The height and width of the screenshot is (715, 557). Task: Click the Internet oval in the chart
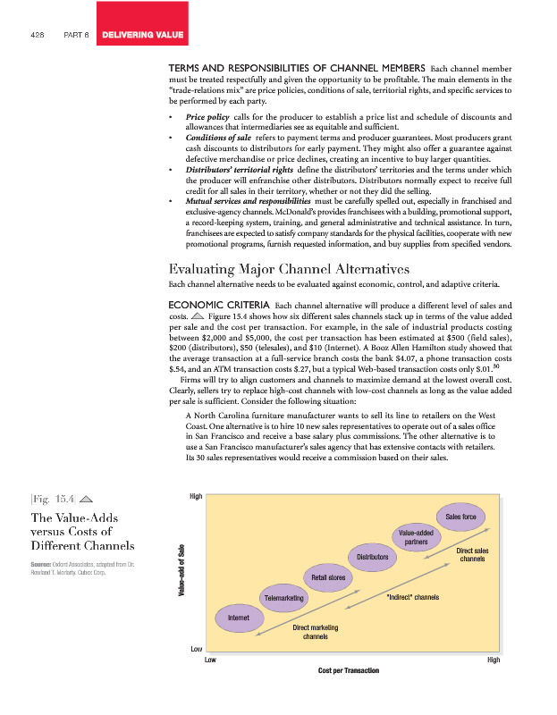click(x=239, y=618)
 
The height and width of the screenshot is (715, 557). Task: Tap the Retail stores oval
click(x=328, y=577)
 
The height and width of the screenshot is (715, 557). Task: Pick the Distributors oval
click(x=372, y=557)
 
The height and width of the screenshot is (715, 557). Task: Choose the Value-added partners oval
click(x=415, y=537)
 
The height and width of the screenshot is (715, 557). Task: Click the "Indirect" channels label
click(x=411, y=596)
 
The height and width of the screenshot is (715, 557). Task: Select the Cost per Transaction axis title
click(x=349, y=670)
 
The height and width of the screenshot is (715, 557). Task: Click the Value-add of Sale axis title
click(x=181, y=578)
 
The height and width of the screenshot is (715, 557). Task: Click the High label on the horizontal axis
click(x=494, y=660)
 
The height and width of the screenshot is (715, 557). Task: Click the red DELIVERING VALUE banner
click(x=143, y=35)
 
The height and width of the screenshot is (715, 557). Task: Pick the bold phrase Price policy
click(x=206, y=117)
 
